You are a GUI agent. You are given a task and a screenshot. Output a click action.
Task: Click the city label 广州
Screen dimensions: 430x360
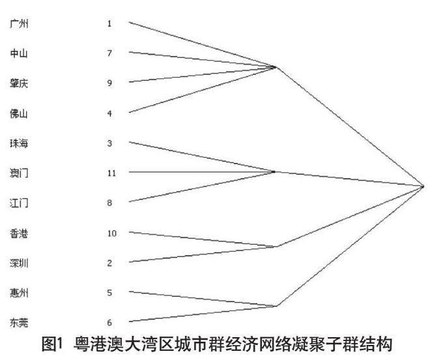[19, 23]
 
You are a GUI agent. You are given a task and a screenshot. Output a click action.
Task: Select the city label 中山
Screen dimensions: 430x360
[19, 53]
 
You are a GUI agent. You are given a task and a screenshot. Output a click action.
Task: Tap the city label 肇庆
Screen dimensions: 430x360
[19, 83]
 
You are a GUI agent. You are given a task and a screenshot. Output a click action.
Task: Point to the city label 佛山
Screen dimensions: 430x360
[19, 113]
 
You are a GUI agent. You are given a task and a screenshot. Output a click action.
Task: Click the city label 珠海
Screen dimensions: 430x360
[19, 143]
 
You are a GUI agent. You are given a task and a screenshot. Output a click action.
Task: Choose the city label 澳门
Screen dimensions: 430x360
[19, 173]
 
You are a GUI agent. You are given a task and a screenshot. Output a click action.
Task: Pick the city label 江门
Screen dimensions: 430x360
[19, 203]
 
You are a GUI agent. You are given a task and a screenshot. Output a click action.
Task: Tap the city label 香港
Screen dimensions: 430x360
[19, 233]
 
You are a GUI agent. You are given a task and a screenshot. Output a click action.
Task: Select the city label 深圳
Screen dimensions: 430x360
[19, 263]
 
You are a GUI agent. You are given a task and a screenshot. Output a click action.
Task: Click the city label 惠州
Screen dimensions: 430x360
[19, 293]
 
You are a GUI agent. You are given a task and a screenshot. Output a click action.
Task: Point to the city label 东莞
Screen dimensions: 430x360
[19, 323]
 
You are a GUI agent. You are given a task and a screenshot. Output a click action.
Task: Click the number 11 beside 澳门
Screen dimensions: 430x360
[111, 173]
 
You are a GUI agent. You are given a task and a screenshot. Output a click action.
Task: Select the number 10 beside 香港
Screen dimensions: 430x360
[111, 233]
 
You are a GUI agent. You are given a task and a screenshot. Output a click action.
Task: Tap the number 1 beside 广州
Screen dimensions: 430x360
[109, 23]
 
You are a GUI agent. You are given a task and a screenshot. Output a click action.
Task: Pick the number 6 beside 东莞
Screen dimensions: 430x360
[109, 323]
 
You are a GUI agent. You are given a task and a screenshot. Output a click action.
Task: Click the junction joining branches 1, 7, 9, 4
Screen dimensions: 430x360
[274, 67]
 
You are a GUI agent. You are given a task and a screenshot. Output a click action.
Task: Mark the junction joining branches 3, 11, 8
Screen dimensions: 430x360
[274, 172]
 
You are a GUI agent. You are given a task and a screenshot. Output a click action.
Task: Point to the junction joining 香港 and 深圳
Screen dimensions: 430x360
[277, 247]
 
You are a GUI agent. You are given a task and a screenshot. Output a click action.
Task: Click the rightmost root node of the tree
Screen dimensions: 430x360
[423, 187]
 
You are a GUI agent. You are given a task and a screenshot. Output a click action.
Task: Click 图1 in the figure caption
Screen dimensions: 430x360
[53, 344]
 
